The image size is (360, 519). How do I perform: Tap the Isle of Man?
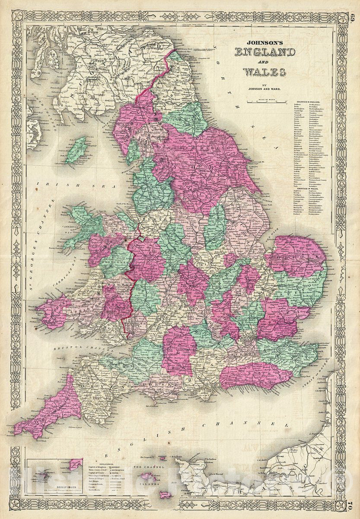76,150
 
